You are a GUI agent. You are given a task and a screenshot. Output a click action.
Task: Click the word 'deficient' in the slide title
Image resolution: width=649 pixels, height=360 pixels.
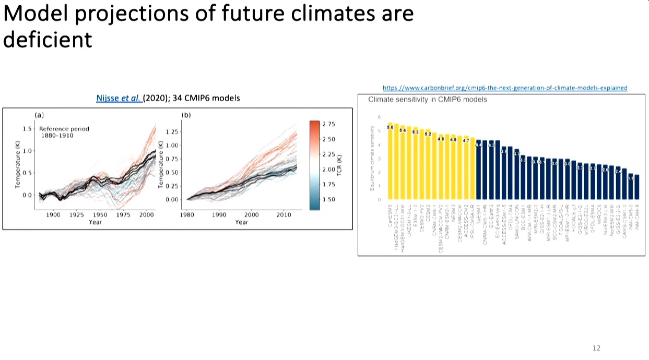pyautogui.click(x=48, y=39)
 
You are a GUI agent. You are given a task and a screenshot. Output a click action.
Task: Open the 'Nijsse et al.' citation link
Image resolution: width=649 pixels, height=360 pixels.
pyautogui.click(x=119, y=98)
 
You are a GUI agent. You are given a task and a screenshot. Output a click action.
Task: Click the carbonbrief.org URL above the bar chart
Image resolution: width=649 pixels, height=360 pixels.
pyautogui.click(x=505, y=88)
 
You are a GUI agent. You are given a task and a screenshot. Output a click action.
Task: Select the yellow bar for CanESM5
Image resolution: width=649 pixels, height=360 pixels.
pyautogui.click(x=390, y=161)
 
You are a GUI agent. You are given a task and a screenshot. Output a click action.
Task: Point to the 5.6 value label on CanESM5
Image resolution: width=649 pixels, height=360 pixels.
pyautogui.click(x=390, y=127)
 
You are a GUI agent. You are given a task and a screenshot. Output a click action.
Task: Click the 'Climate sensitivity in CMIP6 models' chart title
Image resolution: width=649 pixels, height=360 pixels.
pyautogui.click(x=428, y=99)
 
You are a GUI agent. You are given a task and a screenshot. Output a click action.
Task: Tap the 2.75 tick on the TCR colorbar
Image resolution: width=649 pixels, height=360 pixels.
pyautogui.click(x=328, y=124)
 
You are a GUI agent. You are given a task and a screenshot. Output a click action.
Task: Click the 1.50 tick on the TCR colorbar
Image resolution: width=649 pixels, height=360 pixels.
pyautogui.click(x=328, y=199)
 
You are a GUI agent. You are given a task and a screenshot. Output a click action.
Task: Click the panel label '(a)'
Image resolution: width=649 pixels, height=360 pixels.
pyautogui.click(x=38, y=114)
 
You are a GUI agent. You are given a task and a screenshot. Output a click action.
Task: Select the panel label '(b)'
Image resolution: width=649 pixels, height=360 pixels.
pyautogui.click(x=186, y=114)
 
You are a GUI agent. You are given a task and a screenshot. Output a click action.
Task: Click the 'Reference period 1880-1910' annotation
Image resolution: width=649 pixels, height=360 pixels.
pyautogui.click(x=64, y=132)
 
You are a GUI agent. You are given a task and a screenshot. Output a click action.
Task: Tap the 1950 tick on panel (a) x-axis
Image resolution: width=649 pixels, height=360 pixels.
pyautogui.click(x=101, y=214)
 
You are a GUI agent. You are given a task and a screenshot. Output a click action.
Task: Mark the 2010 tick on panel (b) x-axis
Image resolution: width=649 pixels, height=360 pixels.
pyautogui.click(x=284, y=214)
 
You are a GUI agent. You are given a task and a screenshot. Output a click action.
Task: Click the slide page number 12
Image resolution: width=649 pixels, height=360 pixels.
pyautogui.click(x=597, y=348)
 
